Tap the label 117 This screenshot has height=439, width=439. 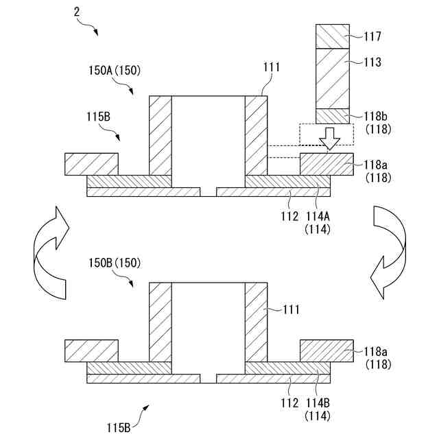pos(373,36)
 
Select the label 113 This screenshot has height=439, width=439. pos(373,62)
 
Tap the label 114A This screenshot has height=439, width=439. pos(318,217)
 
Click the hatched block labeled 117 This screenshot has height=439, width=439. pos(333,36)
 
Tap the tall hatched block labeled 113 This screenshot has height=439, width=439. pos(333,78)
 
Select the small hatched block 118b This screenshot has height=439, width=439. pos(333,116)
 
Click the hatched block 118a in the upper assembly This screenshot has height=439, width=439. pos(327,164)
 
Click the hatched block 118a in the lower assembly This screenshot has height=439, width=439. pos(327,350)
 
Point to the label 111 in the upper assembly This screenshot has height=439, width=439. pos(272,67)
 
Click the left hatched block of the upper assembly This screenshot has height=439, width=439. pos(91,164)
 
